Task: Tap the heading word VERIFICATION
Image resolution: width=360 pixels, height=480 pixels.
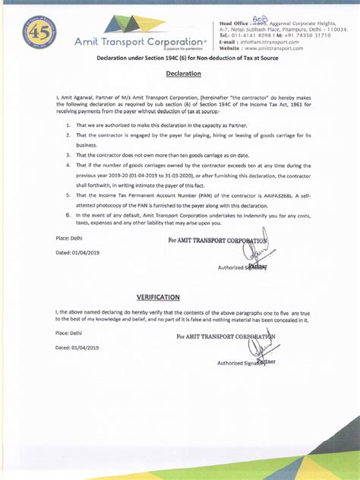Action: (158, 296)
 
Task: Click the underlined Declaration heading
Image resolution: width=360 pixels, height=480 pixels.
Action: (183, 74)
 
